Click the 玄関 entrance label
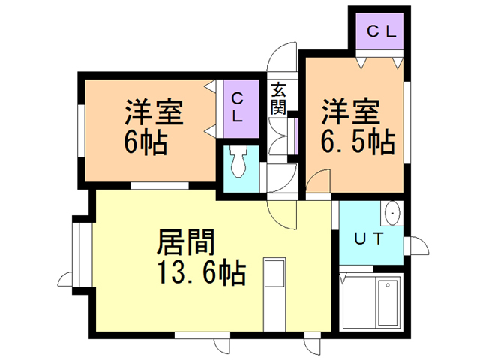[278, 97]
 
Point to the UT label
[369, 240]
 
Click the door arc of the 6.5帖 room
[318, 184]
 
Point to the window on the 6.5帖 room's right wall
[407, 105]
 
